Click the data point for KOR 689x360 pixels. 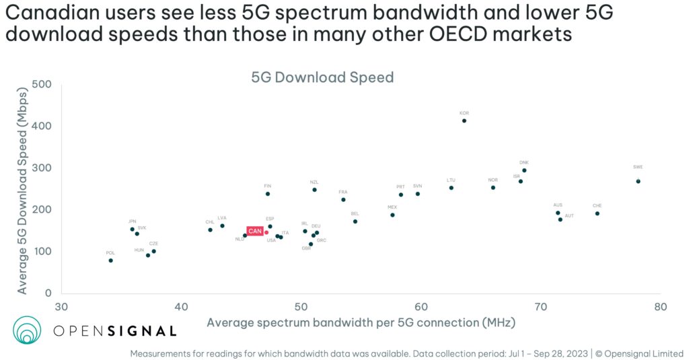tap(464, 121)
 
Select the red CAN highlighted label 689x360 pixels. tap(255, 231)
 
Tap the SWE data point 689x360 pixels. tap(638, 181)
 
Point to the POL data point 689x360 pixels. tap(110, 260)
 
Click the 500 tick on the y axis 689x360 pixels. tap(43, 85)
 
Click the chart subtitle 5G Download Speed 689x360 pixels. tap(322, 77)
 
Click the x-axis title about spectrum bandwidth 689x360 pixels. tap(361, 322)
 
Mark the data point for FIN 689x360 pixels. tap(268, 194)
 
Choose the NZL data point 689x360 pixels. tap(314, 190)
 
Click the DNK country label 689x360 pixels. tap(524, 163)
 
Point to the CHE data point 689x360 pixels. tap(597, 213)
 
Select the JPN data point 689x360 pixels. tap(132, 229)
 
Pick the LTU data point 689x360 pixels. tap(451, 188)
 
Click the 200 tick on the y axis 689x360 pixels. tap(43, 210)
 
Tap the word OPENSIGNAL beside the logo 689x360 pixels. tap(114, 330)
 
